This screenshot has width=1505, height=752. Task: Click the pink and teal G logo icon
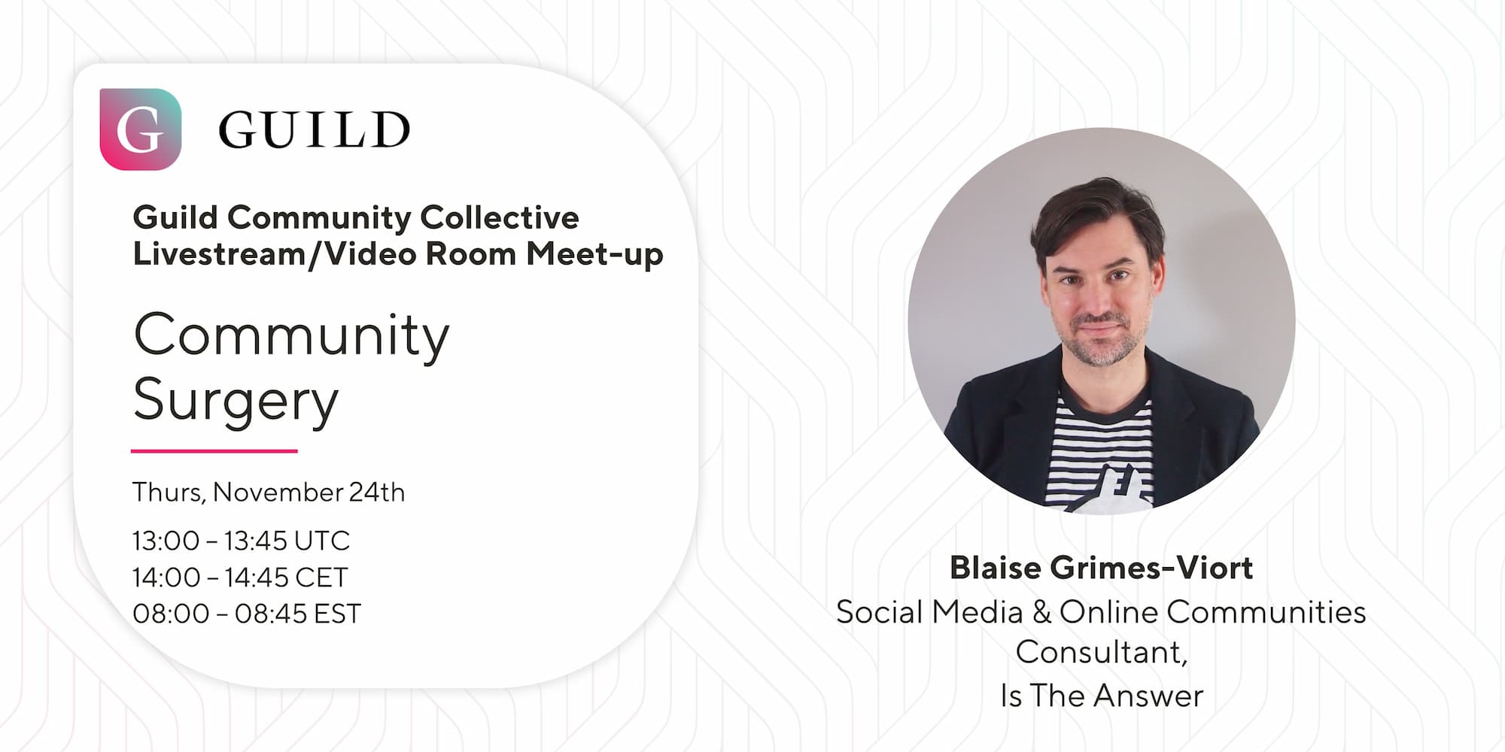(x=141, y=129)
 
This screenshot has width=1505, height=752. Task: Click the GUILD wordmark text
(x=315, y=130)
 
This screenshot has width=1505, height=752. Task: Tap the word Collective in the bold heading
(x=500, y=217)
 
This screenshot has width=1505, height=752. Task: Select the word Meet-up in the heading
(x=594, y=254)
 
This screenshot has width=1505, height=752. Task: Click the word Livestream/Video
(x=276, y=254)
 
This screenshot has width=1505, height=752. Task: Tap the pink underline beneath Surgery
(x=214, y=451)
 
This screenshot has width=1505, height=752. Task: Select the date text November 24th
(x=309, y=492)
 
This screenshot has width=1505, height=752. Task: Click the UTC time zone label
(x=322, y=541)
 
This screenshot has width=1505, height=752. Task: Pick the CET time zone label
(x=321, y=578)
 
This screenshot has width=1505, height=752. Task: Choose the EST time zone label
(x=336, y=614)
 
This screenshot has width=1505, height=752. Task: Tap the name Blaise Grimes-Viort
(x=1102, y=568)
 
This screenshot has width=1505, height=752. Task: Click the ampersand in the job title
(x=1042, y=612)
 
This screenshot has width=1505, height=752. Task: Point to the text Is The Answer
(x=1102, y=696)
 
